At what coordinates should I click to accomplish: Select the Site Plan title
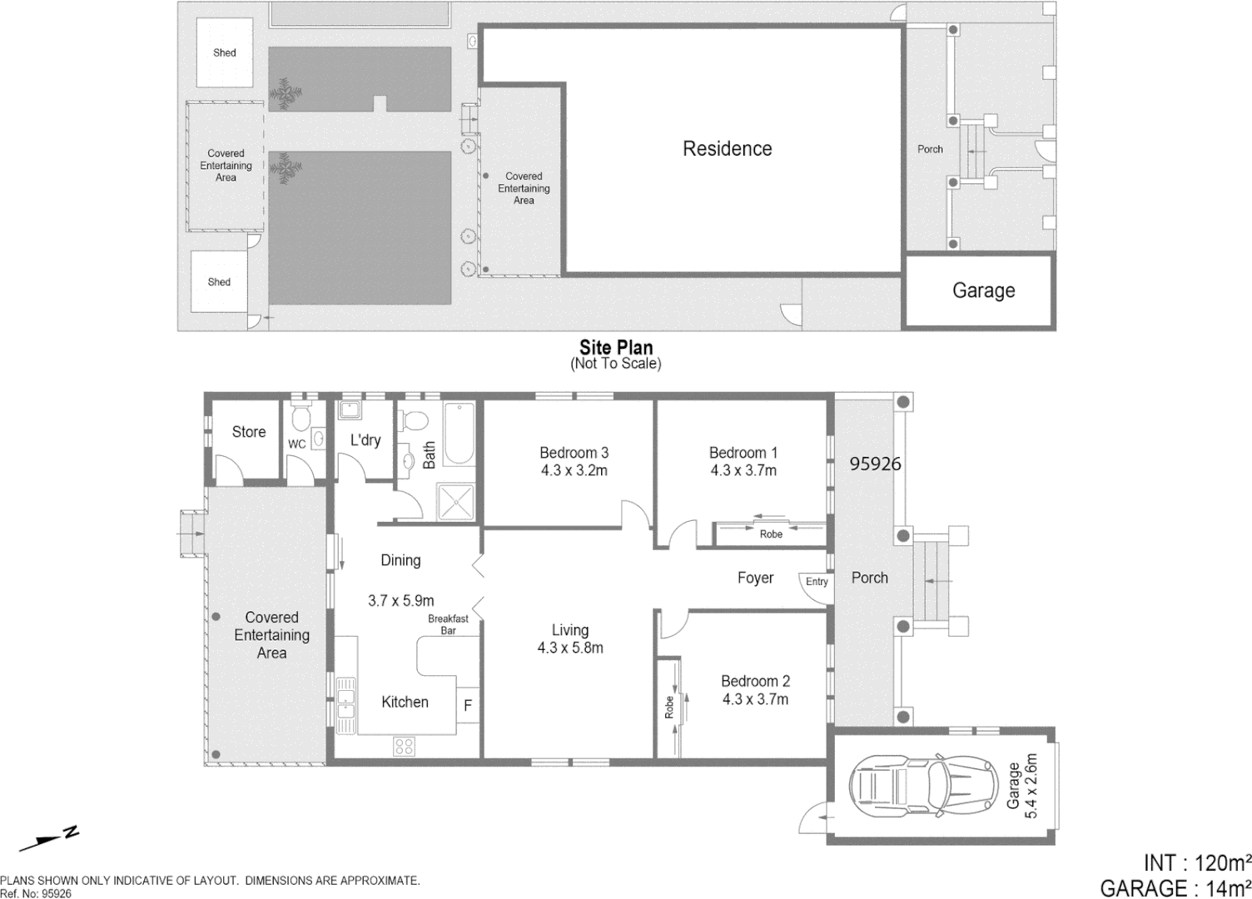[616, 348]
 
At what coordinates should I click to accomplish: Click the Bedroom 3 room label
[574, 453]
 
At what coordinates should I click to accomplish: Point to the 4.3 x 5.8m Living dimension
[570, 648]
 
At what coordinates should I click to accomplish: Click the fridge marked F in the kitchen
[468, 705]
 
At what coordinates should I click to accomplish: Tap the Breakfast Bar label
[448, 624]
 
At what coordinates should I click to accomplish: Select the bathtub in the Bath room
[459, 434]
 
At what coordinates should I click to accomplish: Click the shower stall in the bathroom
[455, 502]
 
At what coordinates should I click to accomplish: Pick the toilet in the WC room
[301, 416]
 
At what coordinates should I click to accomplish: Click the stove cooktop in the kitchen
[405, 746]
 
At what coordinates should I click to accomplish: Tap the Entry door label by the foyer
[817, 582]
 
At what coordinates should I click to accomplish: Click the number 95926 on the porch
[875, 464]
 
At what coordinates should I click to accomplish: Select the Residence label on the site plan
[727, 149]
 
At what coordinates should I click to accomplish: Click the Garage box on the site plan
[982, 291]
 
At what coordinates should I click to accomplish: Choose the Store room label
[248, 432]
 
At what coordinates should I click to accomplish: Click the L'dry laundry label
[365, 440]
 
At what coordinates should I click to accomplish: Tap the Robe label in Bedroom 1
[771, 534]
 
